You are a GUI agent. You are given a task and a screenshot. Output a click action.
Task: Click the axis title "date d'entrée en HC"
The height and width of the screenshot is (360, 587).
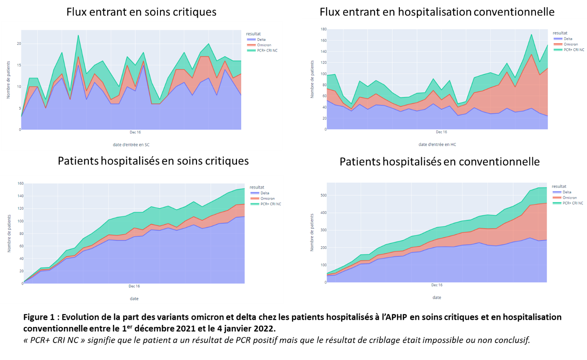437,144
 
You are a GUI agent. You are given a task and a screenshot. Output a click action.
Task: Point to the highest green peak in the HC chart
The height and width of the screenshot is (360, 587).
531,34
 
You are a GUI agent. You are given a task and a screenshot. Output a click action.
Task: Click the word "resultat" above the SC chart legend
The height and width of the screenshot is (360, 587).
255,33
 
